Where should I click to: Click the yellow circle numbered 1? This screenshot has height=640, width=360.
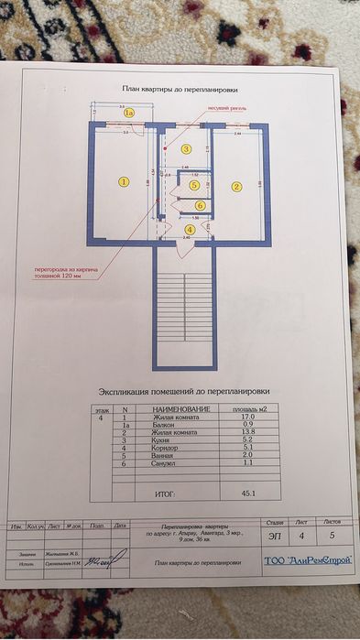[x=124, y=181]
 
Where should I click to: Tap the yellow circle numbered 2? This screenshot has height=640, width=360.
[x=236, y=187]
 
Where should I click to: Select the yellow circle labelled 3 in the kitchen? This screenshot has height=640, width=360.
[x=186, y=148]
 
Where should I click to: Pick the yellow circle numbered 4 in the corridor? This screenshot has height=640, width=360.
[x=190, y=229]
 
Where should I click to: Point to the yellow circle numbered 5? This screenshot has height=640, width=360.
[x=194, y=185]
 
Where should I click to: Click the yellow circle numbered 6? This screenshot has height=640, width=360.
[x=200, y=205]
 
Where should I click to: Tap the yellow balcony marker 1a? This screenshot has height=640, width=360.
[x=129, y=113]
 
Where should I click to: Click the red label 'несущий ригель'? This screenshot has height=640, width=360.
[x=227, y=106]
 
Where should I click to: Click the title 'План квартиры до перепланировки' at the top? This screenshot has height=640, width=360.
[x=180, y=90]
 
